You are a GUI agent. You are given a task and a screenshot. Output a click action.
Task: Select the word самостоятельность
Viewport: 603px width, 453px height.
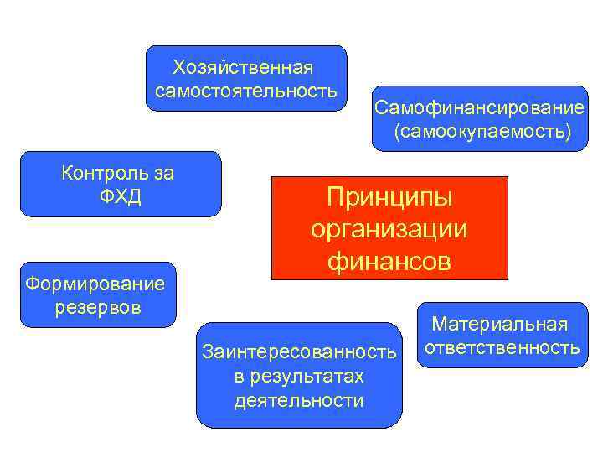pos(246,89)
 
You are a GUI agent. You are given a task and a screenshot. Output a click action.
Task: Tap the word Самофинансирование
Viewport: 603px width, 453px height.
pos(480,108)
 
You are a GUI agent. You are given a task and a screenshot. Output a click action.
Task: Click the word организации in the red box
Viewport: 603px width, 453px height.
pos(389,229)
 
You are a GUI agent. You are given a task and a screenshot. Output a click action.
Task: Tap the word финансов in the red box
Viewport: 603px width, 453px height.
pos(389,261)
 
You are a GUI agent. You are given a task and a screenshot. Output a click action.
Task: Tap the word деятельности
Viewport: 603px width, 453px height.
pos(299,400)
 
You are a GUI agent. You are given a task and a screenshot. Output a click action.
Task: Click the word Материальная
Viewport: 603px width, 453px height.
pos(500,324)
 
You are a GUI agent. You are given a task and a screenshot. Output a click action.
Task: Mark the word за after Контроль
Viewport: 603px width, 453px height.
pos(164,174)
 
